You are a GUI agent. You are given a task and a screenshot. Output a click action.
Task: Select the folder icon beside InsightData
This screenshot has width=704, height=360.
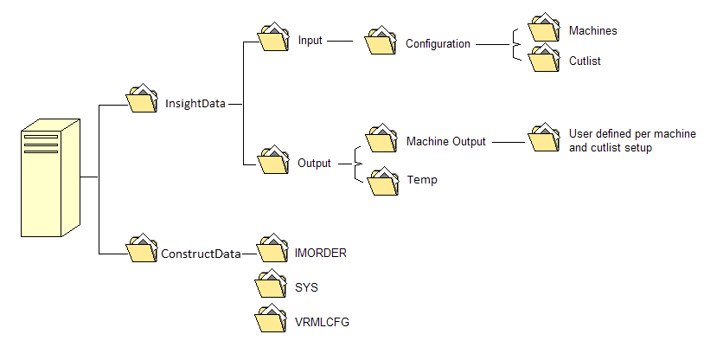click(x=143, y=100)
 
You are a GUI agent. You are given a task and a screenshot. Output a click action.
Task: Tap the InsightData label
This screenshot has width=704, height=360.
click(x=195, y=103)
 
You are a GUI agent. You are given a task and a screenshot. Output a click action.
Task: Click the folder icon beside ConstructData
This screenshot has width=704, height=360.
click(x=143, y=250)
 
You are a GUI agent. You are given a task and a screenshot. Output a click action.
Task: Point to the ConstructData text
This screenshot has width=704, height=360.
click(x=200, y=254)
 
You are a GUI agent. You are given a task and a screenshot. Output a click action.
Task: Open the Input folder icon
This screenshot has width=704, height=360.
click(x=274, y=38)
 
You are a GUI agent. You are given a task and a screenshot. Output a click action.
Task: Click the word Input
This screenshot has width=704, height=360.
click(x=310, y=41)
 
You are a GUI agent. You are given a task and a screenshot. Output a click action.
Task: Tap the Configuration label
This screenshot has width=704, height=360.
click(x=438, y=44)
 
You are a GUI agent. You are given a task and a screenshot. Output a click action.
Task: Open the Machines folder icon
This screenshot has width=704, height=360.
click(x=544, y=29)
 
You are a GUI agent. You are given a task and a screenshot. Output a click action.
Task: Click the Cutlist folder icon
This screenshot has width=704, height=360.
click(x=544, y=59)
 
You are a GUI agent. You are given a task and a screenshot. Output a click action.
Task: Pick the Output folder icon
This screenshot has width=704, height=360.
click(x=274, y=160)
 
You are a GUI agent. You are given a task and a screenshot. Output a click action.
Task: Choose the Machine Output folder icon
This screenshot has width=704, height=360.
click(x=381, y=138)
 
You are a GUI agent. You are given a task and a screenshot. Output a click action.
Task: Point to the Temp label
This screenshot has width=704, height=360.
click(x=421, y=181)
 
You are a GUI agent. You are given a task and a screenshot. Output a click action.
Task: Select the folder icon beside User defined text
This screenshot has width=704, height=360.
click(x=544, y=138)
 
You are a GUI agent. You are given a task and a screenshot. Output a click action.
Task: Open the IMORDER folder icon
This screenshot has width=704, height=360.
click(x=272, y=250)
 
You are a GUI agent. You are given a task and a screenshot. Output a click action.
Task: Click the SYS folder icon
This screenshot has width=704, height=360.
click(x=272, y=285)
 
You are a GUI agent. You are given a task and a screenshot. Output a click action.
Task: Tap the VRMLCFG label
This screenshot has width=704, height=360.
click(x=322, y=323)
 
